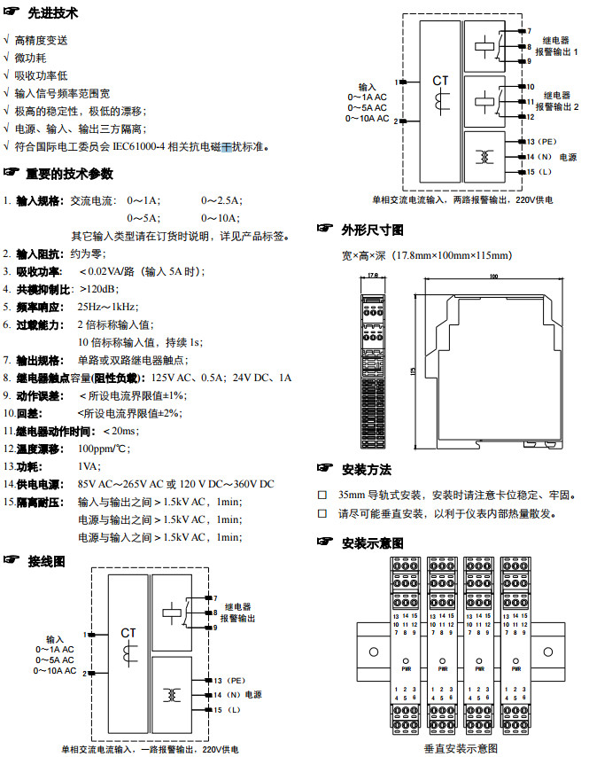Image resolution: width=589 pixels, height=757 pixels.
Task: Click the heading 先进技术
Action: point(52,15)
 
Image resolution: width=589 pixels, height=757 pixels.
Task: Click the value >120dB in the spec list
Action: point(98,288)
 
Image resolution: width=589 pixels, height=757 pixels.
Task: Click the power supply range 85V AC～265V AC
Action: point(120,484)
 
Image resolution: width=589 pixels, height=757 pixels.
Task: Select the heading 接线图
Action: point(46,561)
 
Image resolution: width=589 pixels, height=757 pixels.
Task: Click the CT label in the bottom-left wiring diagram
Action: point(128,633)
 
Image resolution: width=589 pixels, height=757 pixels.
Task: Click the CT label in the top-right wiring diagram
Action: point(440,81)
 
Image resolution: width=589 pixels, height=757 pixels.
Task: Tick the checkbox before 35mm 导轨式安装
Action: point(322,495)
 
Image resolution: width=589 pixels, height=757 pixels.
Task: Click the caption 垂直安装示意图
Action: point(455,748)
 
